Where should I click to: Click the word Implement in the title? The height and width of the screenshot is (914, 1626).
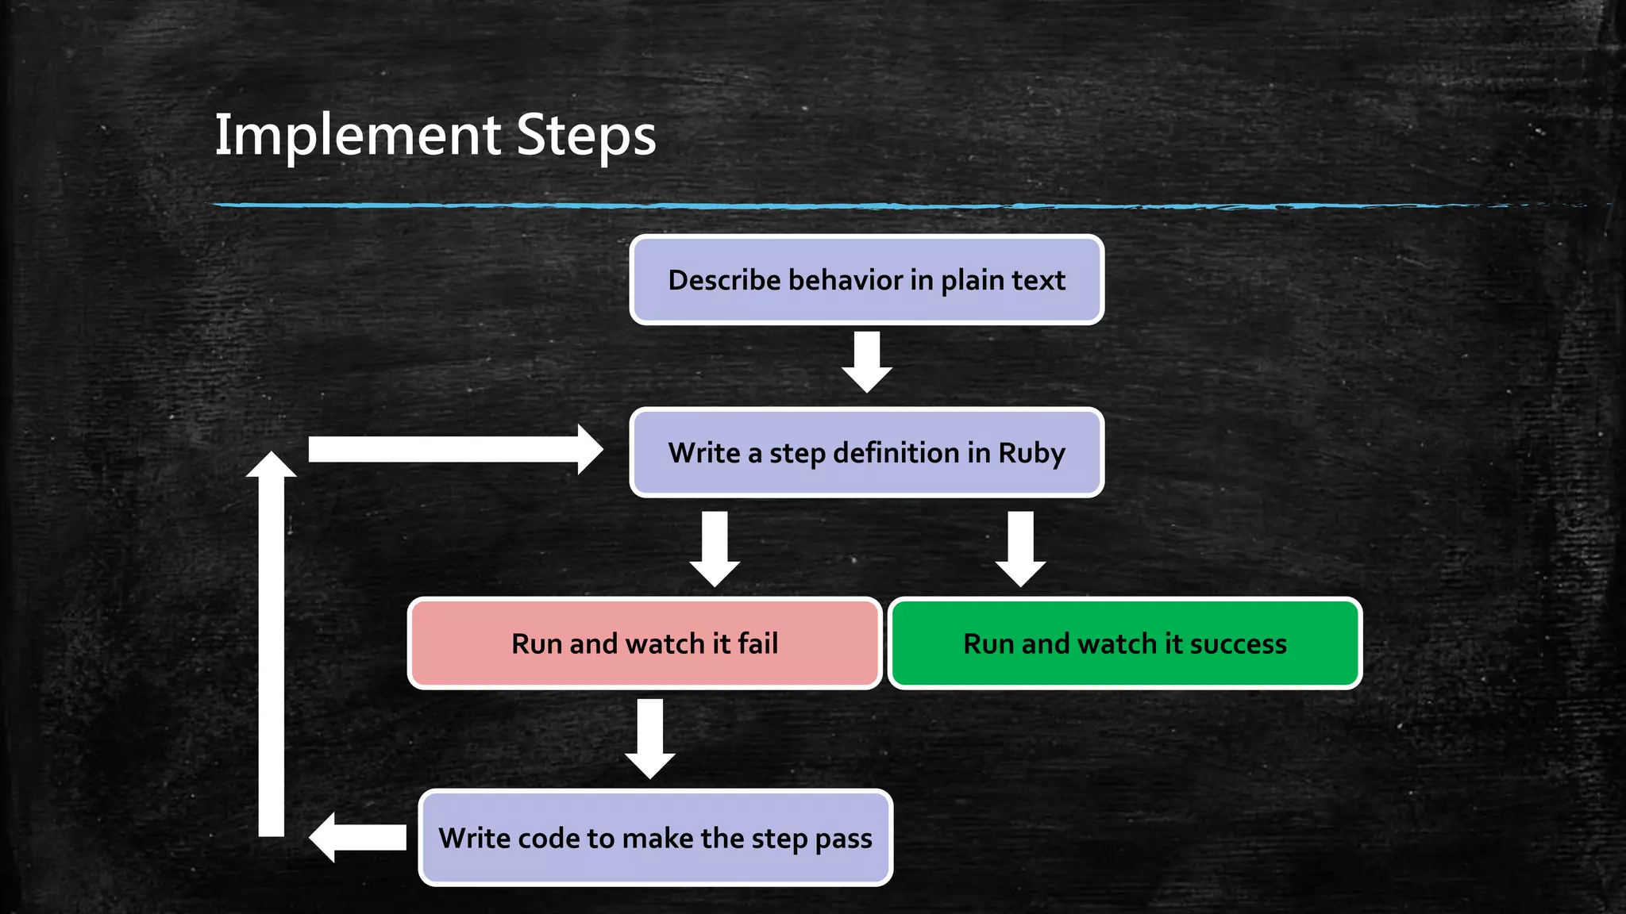pyautogui.click(x=357, y=135)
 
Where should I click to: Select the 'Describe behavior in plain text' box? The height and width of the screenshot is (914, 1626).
pyautogui.click(x=866, y=279)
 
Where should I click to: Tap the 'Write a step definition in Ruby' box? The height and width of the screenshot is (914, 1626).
pyautogui.click(x=866, y=452)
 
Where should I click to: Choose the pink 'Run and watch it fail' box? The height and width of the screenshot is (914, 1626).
pyautogui.click(x=644, y=643)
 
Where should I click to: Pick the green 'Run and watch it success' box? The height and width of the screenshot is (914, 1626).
pyautogui.click(x=1124, y=643)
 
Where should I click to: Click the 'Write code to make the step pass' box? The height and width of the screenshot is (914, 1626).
pyautogui.click(x=655, y=838)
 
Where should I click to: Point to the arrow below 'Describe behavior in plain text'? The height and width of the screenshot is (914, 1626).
pyautogui.click(x=867, y=362)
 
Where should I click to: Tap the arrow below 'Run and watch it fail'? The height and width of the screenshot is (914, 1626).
pyautogui.click(x=650, y=739)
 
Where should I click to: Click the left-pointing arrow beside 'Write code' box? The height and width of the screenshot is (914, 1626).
pyautogui.click(x=357, y=837)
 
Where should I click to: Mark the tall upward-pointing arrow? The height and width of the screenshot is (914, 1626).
pyautogui.click(x=272, y=643)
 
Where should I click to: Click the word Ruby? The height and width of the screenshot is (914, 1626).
pyautogui.click(x=1031, y=454)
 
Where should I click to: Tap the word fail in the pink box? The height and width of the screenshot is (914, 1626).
pyautogui.click(x=757, y=643)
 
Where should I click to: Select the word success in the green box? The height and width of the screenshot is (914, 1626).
pyautogui.click(x=1238, y=643)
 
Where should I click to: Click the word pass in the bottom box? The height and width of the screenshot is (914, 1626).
pyautogui.click(x=843, y=839)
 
